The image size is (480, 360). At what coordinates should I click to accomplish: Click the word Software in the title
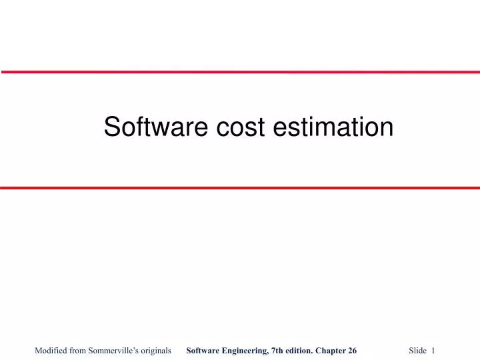pyautogui.click(x=155, y=127)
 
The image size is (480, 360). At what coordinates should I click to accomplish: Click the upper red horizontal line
pyautogui.click(x=240, y=71)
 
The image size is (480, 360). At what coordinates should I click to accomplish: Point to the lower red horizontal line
pyautogui.click(x=240, y=188)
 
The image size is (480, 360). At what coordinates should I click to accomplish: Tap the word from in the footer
pyautogui.click(x=78, y=350)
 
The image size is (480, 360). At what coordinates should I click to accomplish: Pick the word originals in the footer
pyautogui.click(x=155, y=350)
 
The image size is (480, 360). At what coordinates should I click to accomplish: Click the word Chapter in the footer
pyautogui.click(x=335, y=350)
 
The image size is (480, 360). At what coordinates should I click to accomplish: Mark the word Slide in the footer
pyautogui.click(x=417, y=350)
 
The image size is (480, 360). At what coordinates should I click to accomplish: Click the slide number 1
pyautogui.click(x=433, y=350)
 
